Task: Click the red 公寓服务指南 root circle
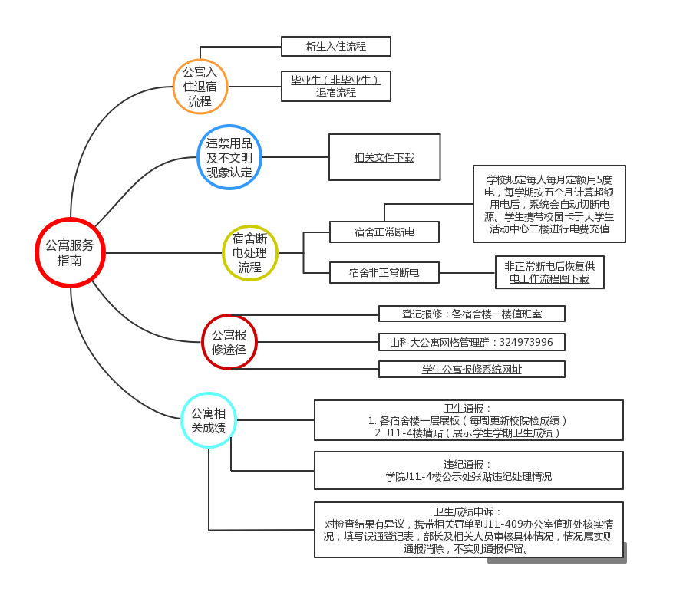coord(70,252)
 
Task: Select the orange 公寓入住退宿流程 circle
coord(200,87)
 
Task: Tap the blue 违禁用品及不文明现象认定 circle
coord(229,157)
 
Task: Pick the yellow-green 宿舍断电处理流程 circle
coord(249,252)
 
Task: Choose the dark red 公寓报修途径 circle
coord(229,342)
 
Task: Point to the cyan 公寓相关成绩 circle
coord(208,419)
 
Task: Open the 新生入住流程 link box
coord(336,47)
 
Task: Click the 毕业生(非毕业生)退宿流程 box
coord(336,86)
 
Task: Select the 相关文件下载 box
coord(384,157)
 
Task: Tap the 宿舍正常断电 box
coord(384,232)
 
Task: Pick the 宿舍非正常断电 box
coord(384,272)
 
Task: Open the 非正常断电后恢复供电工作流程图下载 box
coord(549,272)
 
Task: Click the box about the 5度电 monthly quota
coord(549,204)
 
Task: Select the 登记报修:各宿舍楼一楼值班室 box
coord(472,314)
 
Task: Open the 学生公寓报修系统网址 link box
coord(472,369)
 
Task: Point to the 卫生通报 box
coord(468,420)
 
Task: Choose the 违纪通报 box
coord(468,470)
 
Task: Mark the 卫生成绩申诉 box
coord(468,530)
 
